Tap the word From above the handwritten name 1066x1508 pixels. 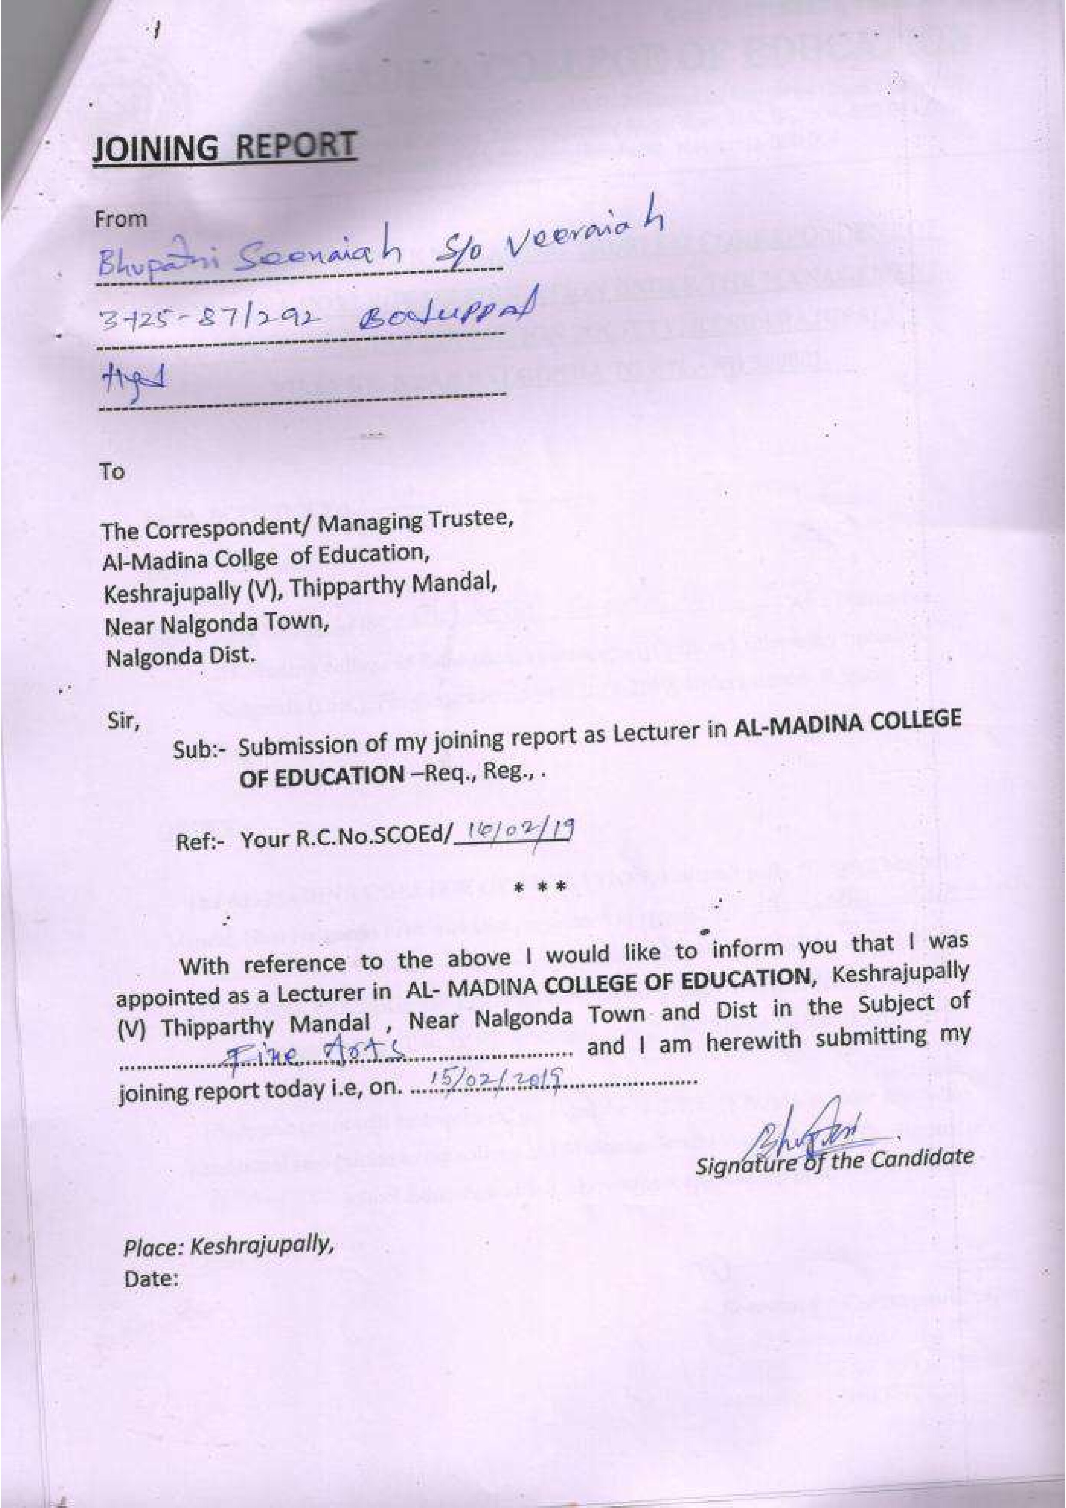[x=121, y=219]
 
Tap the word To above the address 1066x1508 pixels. [x=112, y=471]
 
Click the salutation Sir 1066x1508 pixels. [x=123, y=722]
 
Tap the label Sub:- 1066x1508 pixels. [x=200, y=750]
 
